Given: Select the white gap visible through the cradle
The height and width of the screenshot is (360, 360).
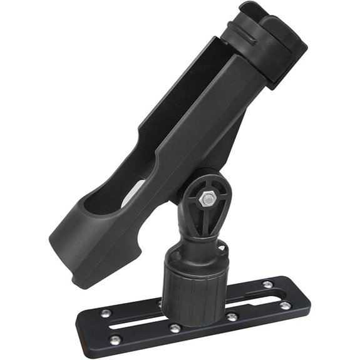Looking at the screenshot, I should tap(133, 192).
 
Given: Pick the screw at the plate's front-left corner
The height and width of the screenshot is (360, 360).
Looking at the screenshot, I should tap(114, 339).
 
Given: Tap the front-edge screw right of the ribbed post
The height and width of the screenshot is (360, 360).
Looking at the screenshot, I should tap(232, 317).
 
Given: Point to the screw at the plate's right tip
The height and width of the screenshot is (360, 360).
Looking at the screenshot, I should tap(285, 305).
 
